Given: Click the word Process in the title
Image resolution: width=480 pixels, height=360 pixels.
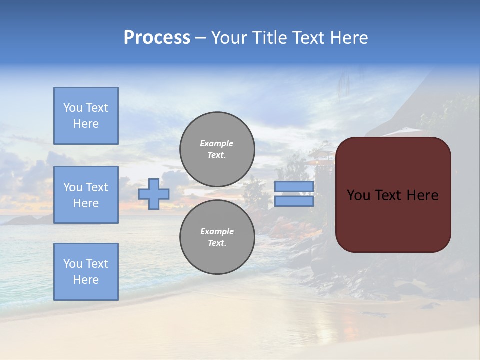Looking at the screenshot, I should coord(157,38).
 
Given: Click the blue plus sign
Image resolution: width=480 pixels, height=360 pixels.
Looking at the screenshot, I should coord(154,194).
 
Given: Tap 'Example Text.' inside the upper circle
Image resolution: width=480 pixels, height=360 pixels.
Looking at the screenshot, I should coord(217,149).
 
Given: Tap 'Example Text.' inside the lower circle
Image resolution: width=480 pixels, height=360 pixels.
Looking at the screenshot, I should coord(217,237).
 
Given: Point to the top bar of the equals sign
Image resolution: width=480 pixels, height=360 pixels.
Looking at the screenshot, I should coord(294,186).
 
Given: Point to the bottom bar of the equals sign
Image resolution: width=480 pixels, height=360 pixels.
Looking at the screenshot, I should coord(294,201).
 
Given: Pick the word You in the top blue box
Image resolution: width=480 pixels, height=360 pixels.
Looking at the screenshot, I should coord(72,108).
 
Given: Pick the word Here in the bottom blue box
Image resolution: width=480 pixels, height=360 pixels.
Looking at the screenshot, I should coord(86,280).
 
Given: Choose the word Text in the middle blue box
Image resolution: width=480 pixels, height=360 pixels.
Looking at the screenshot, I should coord(97,187).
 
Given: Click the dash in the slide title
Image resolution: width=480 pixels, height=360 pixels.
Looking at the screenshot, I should coord(200,38).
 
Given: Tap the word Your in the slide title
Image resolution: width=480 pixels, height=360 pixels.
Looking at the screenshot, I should coord(230,38).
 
